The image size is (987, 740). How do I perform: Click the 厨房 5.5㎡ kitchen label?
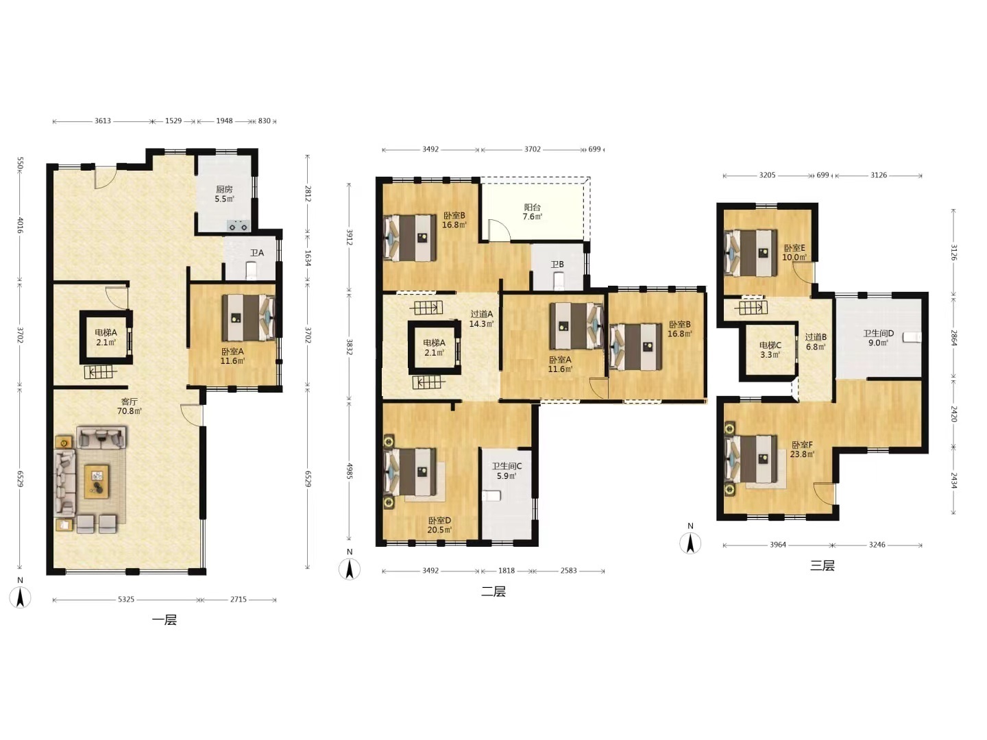pos(224,194)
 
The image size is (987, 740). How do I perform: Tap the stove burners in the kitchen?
pos(239,225)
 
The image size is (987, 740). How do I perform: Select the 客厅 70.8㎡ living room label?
pos(130,406)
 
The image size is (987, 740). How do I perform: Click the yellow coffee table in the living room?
pos(97,482)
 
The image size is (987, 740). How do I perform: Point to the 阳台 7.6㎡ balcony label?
pos(532,212)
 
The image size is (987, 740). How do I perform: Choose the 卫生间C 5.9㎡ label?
pos(507,471)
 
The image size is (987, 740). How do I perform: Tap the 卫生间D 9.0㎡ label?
pos(878,338)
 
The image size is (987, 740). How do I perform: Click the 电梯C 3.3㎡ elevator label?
pos(770,349)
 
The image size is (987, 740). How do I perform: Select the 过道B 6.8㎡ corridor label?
pos(816,342)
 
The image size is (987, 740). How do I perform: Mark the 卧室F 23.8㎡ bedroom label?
pos(802,449)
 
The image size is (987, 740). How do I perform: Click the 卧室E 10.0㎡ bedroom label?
pos(794,253)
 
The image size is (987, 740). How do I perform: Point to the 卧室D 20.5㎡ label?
pos(439,525)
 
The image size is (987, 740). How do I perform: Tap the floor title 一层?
pos(164,620)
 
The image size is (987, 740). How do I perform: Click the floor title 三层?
pos(822,566)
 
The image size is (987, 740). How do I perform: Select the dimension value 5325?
pos(126,600)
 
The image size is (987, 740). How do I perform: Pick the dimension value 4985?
pos(350,471)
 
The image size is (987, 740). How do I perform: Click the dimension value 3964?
pos(777,545)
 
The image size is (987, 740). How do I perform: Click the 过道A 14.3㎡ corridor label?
pos(482,319)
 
